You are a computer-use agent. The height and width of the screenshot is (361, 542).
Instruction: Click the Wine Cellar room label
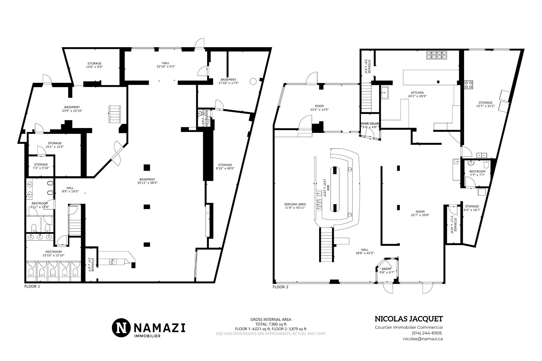pyautogui.click(x=370, y=124)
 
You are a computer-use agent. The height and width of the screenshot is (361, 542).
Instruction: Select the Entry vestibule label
pyautogui.click(x=387, y=269)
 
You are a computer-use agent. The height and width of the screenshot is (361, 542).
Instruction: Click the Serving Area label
pyautogui.click(x=295, y=204)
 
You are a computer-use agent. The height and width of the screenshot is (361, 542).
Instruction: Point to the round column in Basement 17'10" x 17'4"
pyautogui.click(x=253, y=81)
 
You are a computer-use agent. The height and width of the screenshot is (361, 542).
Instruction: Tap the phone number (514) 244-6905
pyautogui.click(x=427, y=333)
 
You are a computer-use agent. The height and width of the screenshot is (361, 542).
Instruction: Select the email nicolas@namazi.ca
pyautogui.click(x=423, y=339)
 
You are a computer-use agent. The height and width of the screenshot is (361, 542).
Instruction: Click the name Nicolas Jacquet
pyautogui.click(x=408, y=319)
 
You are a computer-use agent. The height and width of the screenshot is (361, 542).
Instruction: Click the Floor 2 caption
pyautogui.click(x=280, y=287)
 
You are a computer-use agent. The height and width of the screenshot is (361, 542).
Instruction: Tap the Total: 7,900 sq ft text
pyautogui.click(x=271, y=324)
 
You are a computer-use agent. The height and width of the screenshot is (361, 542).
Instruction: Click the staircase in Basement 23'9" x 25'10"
pyautogui.click(x=114, y=114)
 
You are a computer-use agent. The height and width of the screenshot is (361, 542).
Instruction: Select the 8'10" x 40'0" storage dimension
pyautogui.click(x=225, y=168)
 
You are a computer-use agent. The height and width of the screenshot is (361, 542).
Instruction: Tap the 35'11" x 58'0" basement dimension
pyautogui.click(x=147, y=183)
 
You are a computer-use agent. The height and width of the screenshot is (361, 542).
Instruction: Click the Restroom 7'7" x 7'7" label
pyautogui.click(x=477, y=173)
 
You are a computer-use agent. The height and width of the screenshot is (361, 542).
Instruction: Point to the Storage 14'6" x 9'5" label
pyautogui.click(x=94, y=65)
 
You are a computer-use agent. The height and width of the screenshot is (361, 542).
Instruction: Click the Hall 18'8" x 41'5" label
pyautogui.click(x=365, y=251)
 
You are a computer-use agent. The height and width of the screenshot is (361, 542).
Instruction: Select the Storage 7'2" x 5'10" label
pyautogui.click(x=41, y=166)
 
